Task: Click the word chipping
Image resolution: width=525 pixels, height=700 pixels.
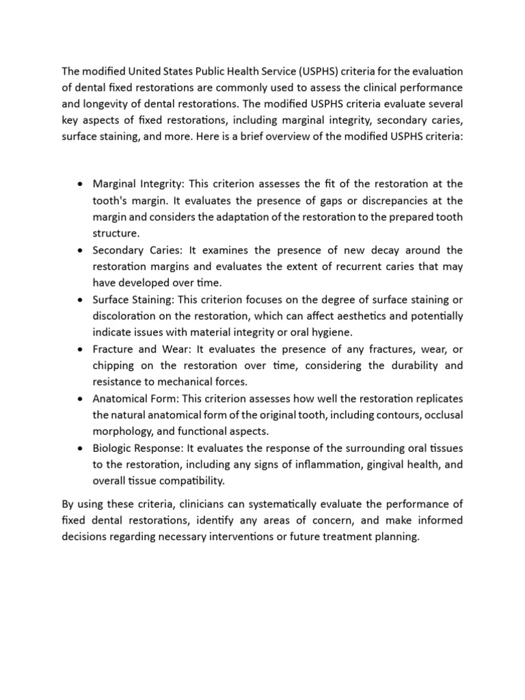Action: [x=114, y=366]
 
